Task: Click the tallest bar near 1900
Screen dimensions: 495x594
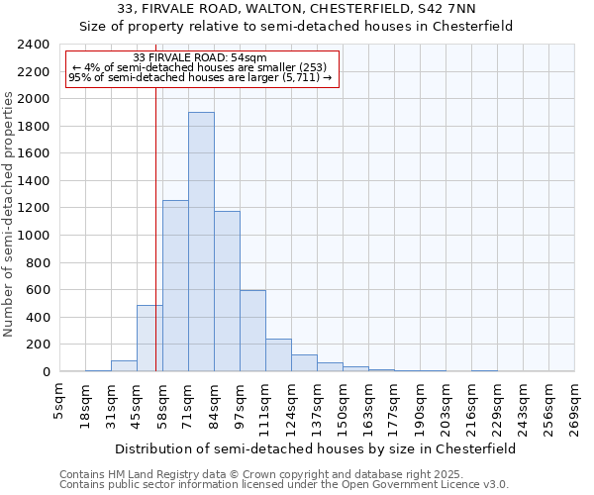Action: pos(201,242)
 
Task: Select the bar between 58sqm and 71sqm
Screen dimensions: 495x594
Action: pos(175,286)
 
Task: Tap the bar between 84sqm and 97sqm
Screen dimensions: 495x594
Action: pos(227,291)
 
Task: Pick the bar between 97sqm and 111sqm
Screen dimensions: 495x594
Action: pos(252,331)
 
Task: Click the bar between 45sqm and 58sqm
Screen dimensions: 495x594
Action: pos(149,338)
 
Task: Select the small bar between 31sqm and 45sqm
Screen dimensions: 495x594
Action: pos(124,365)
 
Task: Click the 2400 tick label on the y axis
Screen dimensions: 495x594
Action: pos(33,45)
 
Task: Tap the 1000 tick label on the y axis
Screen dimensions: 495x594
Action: pos(33,236)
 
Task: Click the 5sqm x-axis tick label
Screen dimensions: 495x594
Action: pos(60,400)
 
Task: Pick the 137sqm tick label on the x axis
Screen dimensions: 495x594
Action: pos(318,406)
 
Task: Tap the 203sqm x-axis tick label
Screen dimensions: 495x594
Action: pos(446,406)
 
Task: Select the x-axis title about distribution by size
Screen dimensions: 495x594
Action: pos(316,448)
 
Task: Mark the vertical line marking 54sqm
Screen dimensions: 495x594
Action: pos(155,228)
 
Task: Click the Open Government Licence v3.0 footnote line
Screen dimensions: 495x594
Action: pos(284,485)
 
